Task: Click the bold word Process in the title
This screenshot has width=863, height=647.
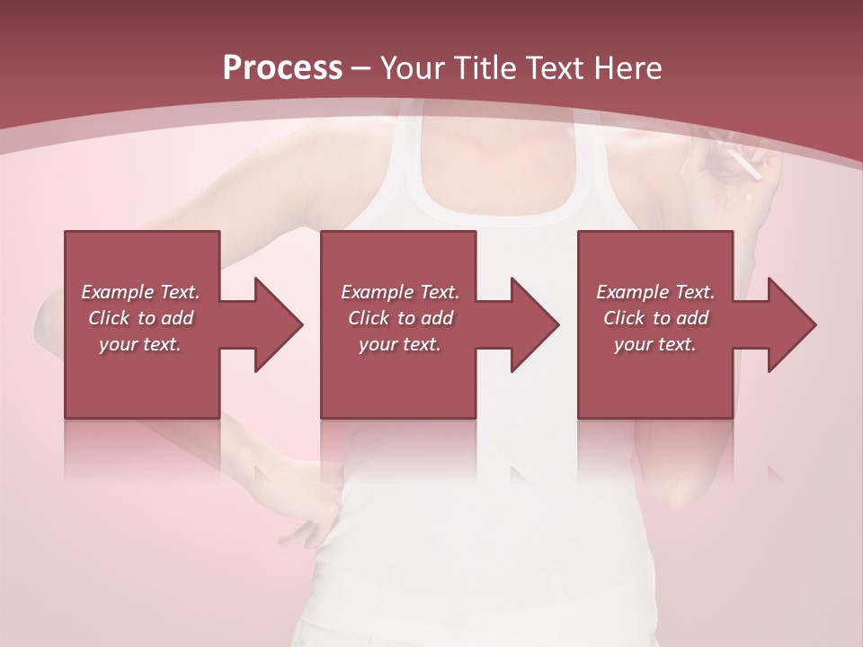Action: [282, 68]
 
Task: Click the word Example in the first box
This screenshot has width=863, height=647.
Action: [118, 292]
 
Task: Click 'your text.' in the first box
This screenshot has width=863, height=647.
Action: [140, 344]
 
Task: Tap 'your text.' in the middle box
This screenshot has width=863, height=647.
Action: [400, 344]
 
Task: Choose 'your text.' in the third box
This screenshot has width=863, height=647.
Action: [655, 344]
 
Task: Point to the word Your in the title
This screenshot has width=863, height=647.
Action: [413, 68]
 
